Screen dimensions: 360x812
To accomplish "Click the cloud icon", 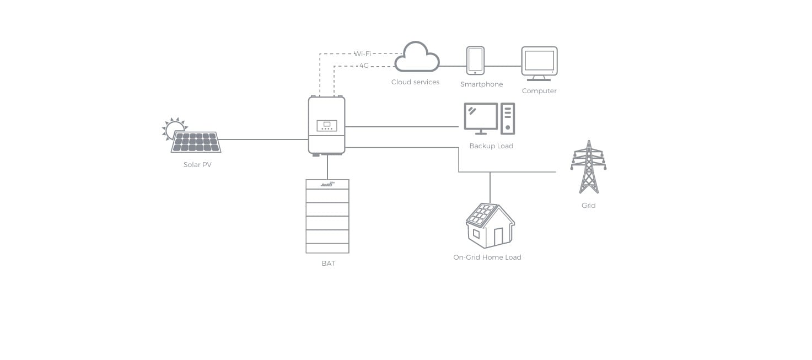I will point(417,57).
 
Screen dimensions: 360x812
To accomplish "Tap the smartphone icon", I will point(475,60).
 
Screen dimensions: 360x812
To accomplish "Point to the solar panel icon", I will point(196,142).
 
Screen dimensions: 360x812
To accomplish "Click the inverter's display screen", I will point(327,124).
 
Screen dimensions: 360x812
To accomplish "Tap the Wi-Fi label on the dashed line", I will point(362,54).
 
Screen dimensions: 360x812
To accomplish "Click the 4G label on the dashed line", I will point(364,66).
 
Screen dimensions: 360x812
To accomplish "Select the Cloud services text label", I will point(415,82).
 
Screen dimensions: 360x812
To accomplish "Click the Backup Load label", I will point(491,146).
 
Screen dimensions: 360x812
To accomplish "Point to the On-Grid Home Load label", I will point(487,257).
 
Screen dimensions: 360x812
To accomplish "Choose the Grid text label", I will point(588,206).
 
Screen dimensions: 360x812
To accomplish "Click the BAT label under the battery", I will point(328,264).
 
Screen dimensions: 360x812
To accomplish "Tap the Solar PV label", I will point(197,165).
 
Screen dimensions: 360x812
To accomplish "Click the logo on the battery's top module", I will point(328,184).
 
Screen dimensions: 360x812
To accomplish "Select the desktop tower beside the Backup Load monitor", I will point(508,119).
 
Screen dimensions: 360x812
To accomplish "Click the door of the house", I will point(498,237).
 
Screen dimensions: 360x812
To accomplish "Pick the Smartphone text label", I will point(482,84).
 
